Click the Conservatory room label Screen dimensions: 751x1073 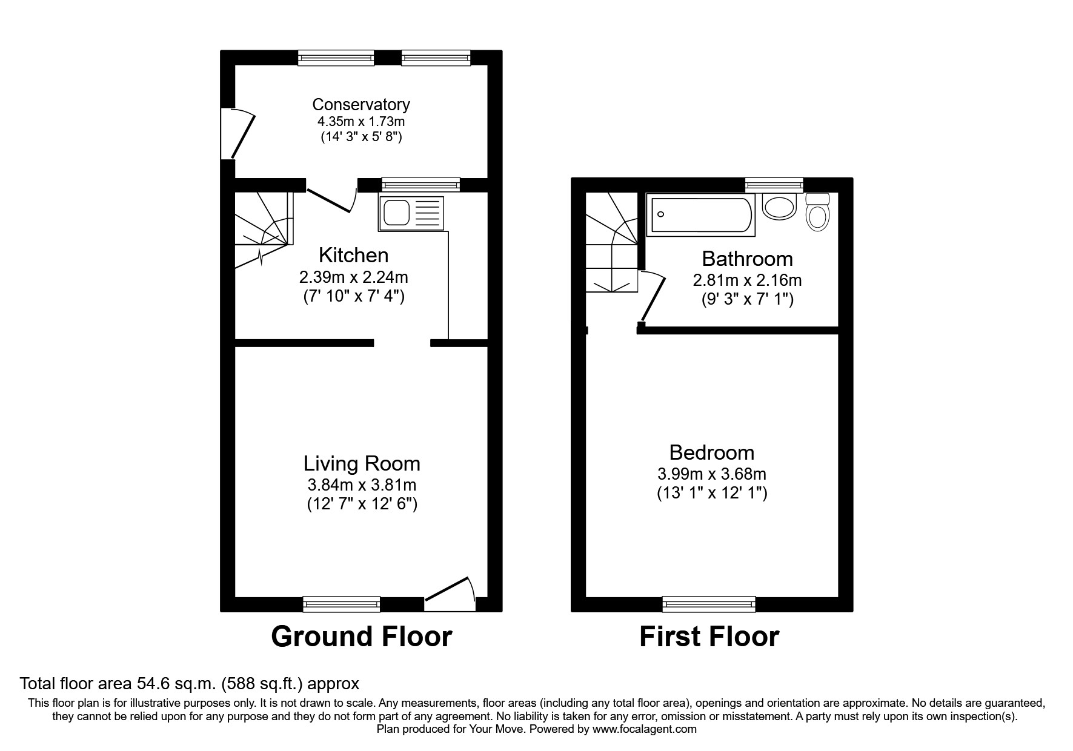tap(361, 104)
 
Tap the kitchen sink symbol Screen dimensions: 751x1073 tap(411, 213)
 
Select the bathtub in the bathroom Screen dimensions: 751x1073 tap(700, 214)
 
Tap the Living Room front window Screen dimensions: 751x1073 tap(342, 603)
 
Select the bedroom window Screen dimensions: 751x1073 tap(709, 603)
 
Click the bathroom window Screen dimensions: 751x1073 tap(774, 185)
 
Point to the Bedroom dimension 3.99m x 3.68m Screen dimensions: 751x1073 tap(712, 474)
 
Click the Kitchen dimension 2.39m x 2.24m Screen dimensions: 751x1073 tap(354, 277)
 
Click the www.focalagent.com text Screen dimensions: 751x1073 tap(644, 729)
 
